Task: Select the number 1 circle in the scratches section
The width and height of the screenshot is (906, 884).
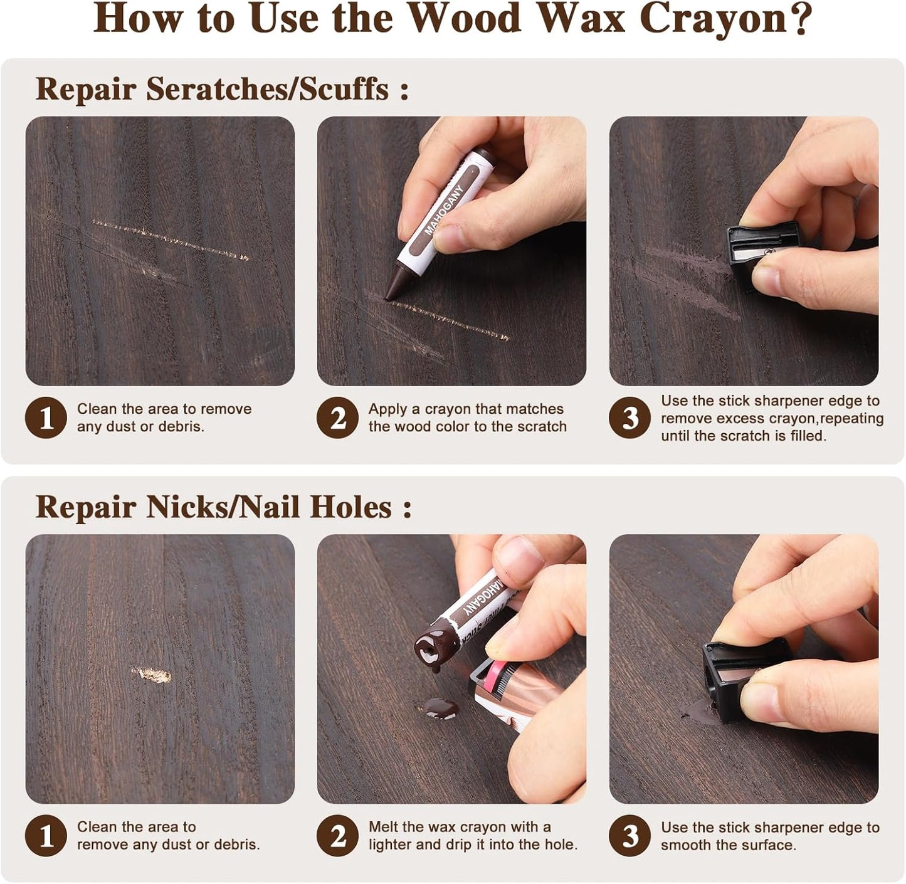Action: click(x=46, y=418)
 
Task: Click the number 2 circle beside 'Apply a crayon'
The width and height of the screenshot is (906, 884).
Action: click(x=337, y=418)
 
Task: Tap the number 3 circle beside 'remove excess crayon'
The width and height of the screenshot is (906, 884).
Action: click(x=629, y=418)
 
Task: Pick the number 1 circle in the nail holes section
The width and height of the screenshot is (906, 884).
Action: click(x=46, y=836)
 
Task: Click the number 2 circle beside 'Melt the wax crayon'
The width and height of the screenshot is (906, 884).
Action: click(x=337, y=836)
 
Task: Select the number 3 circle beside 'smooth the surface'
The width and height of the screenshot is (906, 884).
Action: click(x=629, y=836)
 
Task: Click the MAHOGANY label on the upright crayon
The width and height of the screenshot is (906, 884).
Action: click(x=443, y=211)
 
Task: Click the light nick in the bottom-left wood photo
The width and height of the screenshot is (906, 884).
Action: click(x=152, y=675)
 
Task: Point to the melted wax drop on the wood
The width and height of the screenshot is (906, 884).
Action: click(x=441, y=709)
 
